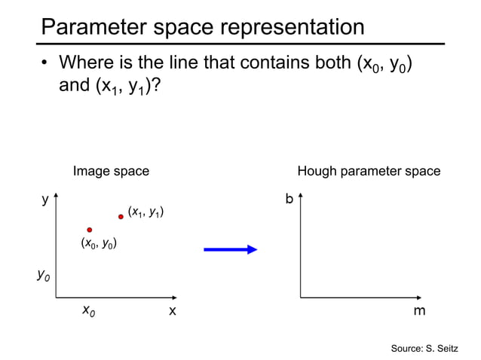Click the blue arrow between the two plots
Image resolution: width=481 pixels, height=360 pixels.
[231, 249]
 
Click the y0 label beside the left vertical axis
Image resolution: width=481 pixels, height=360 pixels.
[44, 276]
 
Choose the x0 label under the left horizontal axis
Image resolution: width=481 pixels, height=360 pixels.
[88, 310]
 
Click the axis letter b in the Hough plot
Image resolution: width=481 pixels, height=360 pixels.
[289, 200]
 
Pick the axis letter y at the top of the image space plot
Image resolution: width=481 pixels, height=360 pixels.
[45, 200]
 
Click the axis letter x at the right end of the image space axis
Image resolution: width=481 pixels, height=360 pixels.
[172, 310]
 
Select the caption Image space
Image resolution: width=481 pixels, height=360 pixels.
[111, 172]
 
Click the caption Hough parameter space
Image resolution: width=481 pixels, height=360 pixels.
[369, 172]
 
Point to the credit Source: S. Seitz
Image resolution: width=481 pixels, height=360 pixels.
[424, 348]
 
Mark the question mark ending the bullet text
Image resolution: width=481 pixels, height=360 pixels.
[155, 86]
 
